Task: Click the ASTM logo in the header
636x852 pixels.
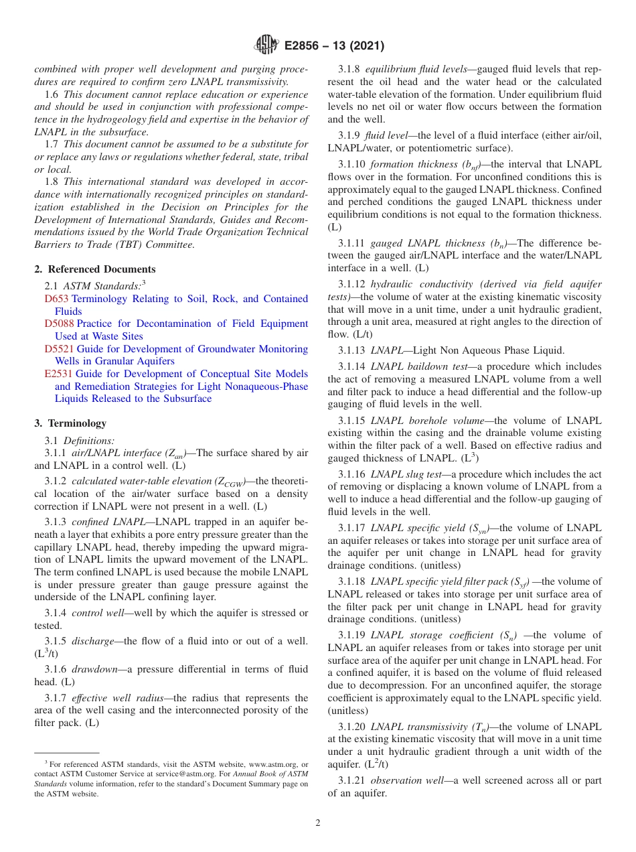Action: [x=266, y=46]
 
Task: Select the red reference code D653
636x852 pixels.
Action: [x=56, y=299]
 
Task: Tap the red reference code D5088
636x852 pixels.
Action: [x=60, y=324]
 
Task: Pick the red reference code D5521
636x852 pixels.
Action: [x=60, y=349]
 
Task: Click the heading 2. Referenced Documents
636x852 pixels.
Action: [x=94, y=269]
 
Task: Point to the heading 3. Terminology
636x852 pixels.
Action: [x=70, y=423]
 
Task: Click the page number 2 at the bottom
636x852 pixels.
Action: [x=318, y=823]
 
